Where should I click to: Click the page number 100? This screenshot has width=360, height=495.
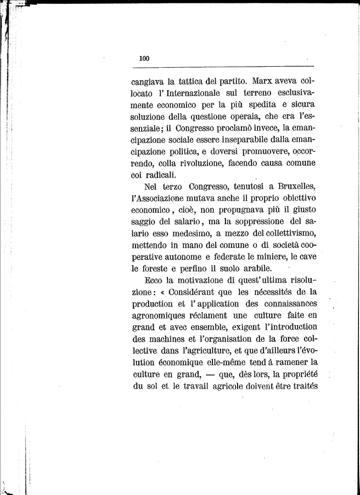[144, 58]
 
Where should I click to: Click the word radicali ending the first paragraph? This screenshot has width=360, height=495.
[162, 175]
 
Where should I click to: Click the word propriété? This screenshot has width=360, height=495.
[297, 375]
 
